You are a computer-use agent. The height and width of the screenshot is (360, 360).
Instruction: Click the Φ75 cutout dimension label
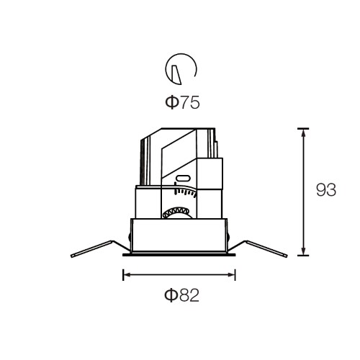(x=182, y=103)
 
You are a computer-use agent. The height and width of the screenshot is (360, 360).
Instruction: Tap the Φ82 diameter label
(x=181, y=295)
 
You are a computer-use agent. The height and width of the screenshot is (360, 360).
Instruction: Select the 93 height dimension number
(x=326, y=190)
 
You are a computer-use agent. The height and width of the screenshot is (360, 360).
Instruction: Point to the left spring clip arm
(x=101, y=248)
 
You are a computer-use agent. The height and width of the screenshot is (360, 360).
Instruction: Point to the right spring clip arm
(x=257, y=248)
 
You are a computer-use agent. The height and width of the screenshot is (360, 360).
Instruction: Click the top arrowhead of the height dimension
(x=303, y=132)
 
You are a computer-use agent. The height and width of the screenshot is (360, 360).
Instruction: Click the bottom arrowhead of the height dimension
(x=303, y=251)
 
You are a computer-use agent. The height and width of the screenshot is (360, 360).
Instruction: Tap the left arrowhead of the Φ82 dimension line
(x=127, y=275)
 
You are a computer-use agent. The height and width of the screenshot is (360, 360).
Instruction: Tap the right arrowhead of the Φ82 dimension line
(x=231, y=275)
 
